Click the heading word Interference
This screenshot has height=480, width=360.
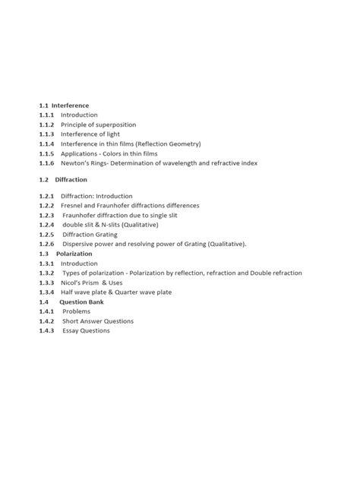coord(70,106)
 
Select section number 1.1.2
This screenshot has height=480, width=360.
coord(47,125)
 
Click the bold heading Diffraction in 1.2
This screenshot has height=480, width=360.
coord(71,180)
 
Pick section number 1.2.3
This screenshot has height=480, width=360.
coord(47,216)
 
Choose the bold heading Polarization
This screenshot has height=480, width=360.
coord(74,254)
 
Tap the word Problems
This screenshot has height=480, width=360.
coord(76,311)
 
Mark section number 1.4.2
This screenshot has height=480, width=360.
coord(47,321)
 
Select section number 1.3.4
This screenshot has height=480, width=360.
coord(47,292)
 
